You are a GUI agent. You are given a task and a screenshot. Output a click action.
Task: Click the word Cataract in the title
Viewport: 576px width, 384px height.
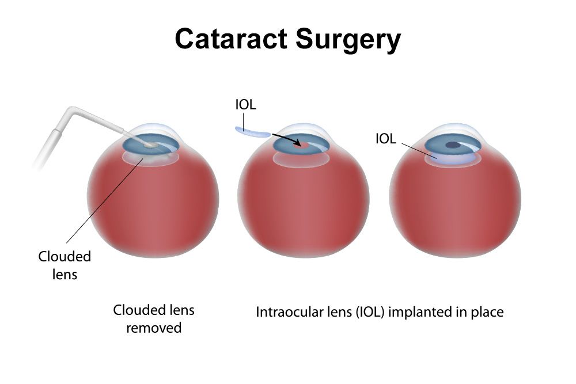(x=231, y=39)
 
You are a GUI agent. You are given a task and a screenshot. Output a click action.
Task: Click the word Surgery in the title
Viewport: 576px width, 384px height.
(x=348, y=40)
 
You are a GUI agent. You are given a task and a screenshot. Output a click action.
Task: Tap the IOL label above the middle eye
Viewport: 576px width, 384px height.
(x=245, y=105)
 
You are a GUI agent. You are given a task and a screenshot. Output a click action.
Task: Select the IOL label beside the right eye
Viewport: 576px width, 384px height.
(x=386, y=139)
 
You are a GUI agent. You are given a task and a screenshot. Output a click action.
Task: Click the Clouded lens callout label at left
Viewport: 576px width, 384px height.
(x=65, y=265)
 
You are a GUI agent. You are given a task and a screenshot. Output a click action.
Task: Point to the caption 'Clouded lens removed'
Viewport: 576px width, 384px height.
(x=154, y=318)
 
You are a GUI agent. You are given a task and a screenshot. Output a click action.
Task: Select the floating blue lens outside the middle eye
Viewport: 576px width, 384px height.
(x=253, y=132)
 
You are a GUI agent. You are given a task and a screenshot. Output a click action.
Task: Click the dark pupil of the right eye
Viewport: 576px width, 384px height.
(x=453, y=145)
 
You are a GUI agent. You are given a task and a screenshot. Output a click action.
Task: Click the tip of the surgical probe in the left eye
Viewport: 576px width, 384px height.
(x=149, y=146)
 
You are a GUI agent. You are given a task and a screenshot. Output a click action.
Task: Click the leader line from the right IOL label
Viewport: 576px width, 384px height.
(x=419, y=151)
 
